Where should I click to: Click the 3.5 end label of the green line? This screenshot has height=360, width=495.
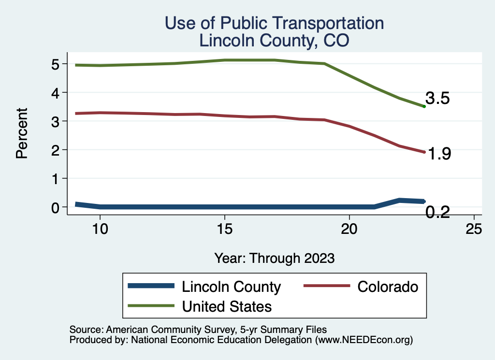pos(437,99)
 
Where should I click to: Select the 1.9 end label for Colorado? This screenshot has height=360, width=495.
pos(439,154)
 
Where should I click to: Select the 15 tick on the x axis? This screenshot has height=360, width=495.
pos(225,229)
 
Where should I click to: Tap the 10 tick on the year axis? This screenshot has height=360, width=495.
pos(100,229)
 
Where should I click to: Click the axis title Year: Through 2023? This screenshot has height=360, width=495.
pos(275,258)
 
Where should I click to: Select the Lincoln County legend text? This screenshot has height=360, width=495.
pos(231,287)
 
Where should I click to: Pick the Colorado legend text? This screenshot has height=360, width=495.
pos(388,287)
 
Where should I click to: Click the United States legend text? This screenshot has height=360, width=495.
pos(226,306)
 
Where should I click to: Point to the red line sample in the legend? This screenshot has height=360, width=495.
pos(326,286)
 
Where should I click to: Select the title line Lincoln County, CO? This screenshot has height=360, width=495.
pos(274,41)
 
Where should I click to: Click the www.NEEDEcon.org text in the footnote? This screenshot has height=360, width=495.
pos(364,340)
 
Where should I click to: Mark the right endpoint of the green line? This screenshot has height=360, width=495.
pos(424,106)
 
